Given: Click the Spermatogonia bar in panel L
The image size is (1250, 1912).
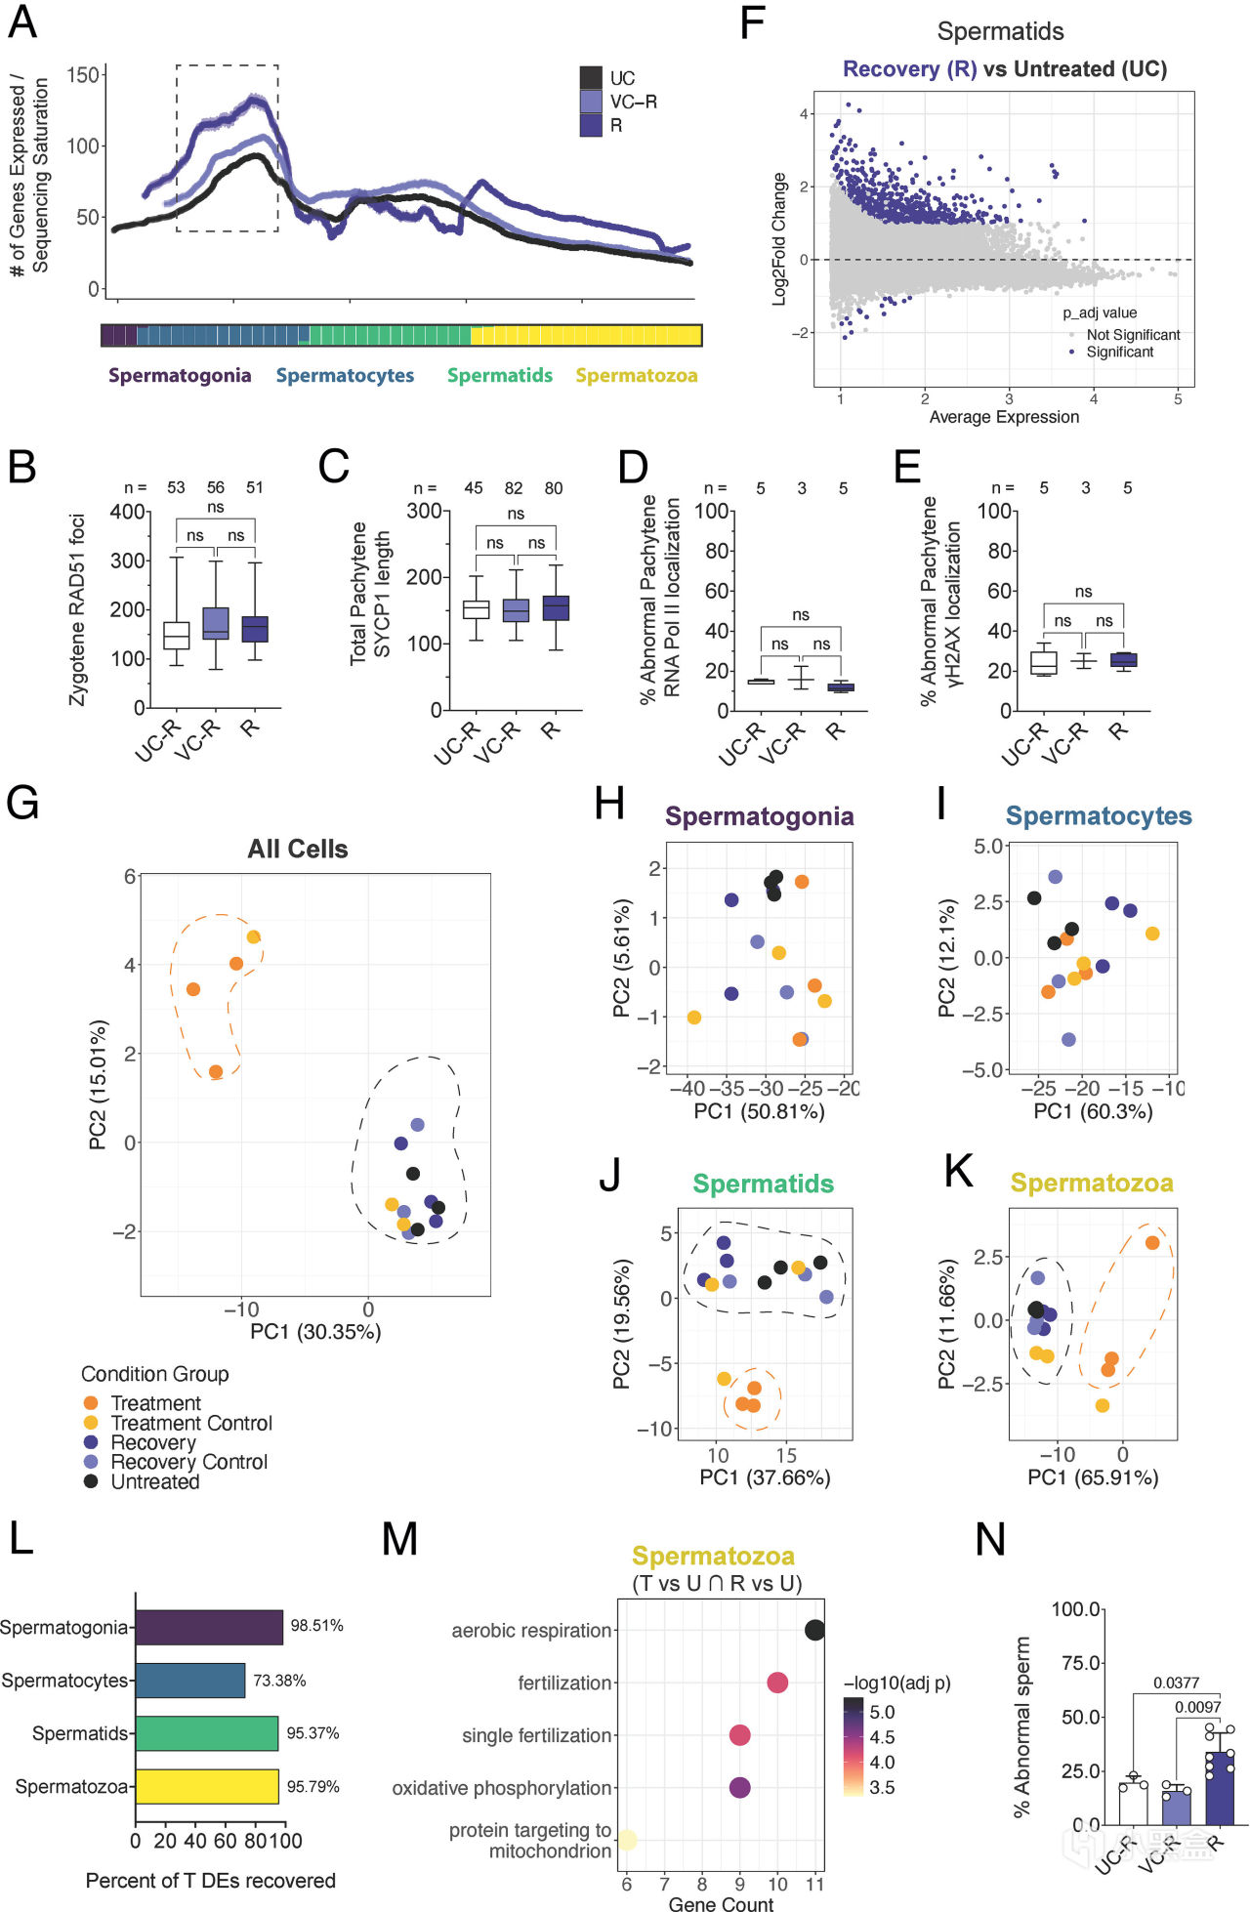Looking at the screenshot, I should point(209,1627).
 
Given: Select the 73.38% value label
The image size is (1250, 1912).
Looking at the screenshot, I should point(279,1681).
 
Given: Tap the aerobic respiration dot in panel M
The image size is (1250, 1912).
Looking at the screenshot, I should point(814,1630).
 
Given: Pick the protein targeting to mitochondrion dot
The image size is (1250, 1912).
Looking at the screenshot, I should point(628,1840).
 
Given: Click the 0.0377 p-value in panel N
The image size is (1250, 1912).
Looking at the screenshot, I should point(1176,1683).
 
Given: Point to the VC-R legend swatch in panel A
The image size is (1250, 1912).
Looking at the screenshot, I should point(591,102).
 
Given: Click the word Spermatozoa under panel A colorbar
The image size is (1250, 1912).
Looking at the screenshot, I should point(636,375).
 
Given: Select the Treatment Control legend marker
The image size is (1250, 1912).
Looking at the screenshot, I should point(91,1423).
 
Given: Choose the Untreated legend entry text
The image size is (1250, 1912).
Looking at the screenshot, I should point(155,1481).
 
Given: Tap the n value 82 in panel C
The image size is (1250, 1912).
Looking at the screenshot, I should point(514,488).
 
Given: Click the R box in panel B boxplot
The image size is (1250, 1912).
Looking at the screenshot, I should point(255,629).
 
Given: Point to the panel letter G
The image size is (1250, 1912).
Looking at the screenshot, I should point(22,803).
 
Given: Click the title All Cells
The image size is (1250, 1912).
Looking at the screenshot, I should point(298,849).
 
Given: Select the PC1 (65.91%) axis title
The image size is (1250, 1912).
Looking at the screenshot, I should point(1093,1477).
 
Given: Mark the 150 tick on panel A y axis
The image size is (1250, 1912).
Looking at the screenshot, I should point(83,75).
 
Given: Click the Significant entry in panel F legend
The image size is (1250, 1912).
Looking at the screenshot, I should point(1120,352).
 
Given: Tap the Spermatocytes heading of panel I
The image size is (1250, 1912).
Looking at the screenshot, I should point(1099,815).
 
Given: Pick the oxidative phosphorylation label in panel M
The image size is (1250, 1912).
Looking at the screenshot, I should point(502,1788).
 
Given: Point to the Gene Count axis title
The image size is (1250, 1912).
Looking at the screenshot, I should point(721,1903).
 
